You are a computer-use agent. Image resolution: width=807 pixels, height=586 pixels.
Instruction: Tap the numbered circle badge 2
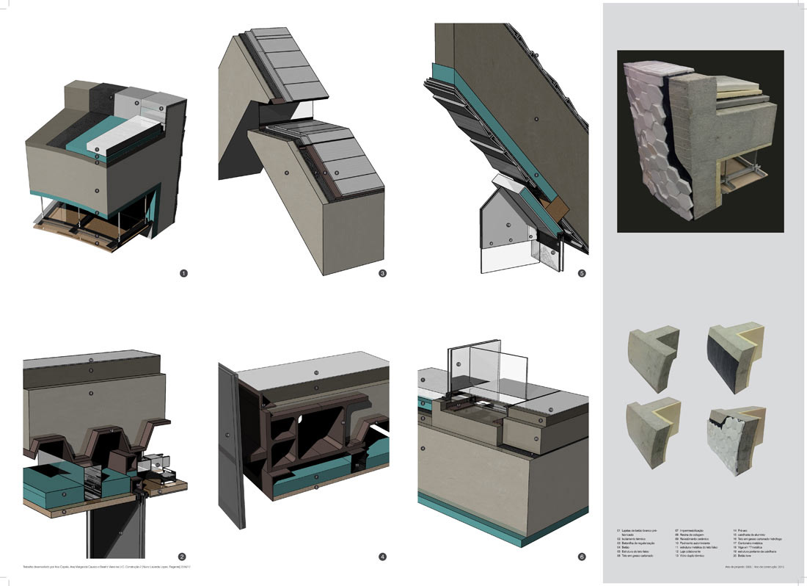[183, 557]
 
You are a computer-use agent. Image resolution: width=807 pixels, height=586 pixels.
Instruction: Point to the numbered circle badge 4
[382, 557]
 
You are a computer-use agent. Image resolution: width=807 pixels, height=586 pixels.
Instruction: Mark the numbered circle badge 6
[582, 557]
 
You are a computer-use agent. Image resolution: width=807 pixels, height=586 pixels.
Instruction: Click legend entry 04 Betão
[626, 547]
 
